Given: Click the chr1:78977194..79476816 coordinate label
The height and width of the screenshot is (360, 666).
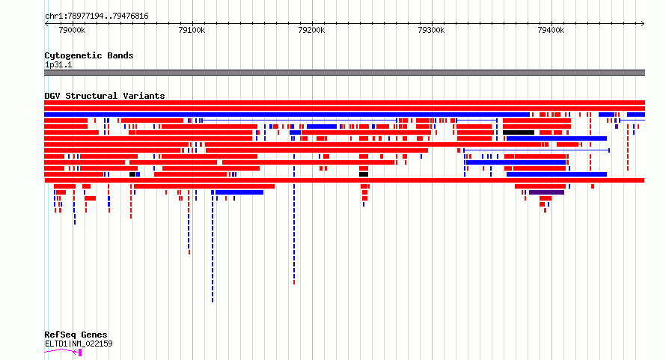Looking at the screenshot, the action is coord(97,16).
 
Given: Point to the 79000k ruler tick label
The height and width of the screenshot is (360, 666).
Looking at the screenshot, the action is coord(72,30).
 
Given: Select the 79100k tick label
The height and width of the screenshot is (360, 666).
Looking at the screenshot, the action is coord(192,30).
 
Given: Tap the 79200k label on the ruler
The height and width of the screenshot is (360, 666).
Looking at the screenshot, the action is coord(312,30).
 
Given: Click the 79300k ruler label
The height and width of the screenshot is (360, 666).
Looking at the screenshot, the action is coord(432,30).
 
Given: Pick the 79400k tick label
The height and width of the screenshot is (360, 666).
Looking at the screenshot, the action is coord(552,30).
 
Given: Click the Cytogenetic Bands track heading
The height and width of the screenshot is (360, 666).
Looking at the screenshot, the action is coord(89,55).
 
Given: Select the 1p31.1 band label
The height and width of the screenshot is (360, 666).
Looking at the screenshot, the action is coord(58,64).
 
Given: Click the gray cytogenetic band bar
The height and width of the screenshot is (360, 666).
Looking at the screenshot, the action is coord(344,73).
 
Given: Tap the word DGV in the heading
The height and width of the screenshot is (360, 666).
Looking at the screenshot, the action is coord(52,96).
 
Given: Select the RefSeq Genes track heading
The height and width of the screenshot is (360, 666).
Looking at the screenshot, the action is coord(76,335).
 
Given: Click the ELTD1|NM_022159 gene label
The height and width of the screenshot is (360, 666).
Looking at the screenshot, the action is coord(79,344).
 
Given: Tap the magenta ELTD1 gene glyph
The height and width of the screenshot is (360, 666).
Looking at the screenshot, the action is coord(63,351).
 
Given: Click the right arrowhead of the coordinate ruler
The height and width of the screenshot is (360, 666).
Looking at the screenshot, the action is coord(643,23).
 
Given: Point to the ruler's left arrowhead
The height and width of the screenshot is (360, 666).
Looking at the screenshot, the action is coord(46,23).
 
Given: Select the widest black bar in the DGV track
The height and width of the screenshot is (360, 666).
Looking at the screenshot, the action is coord(519,132).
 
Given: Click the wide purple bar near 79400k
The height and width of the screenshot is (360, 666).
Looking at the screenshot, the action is coord(546,192).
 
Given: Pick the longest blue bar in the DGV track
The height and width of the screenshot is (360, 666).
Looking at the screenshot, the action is coord(287,115).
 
